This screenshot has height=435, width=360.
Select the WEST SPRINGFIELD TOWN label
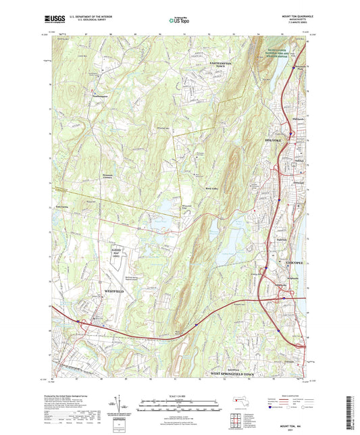tap(234, 373)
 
